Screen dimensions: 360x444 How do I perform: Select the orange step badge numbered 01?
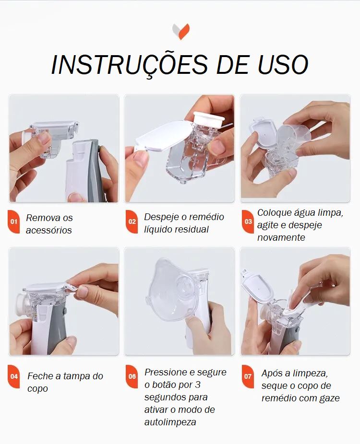[x=13, y=222]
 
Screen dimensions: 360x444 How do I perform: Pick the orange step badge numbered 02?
[x=132, y=222]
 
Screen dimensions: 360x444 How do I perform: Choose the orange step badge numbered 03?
[x=248, y=222]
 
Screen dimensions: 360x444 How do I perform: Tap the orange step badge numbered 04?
[x=13, y=376]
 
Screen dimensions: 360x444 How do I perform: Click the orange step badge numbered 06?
[x=132, y=376]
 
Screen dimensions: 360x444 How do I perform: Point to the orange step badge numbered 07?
[x=248, y=376]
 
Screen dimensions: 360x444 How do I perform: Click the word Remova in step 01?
[x=42, y=218]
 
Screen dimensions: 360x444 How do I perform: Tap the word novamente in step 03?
[x=281, y=237]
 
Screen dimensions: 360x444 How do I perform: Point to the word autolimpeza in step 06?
[x=170, y=422]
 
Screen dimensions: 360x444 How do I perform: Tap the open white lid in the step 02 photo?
[x=162, y=135]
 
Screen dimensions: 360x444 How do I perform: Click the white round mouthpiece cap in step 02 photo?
[x=209, y=120]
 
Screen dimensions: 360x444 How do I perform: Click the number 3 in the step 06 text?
[x=198, y=385]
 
